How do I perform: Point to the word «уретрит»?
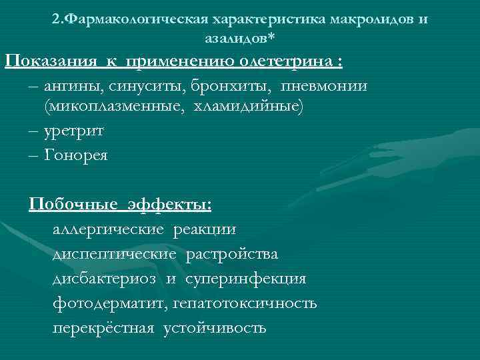(x=74, y=131)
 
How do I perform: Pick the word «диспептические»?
(x=114, y=254)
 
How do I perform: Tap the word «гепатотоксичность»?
(x=245, y=303)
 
